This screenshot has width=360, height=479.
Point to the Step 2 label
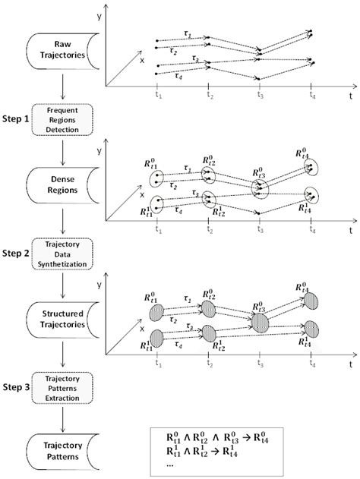pyautogui.click(x=16, y=254)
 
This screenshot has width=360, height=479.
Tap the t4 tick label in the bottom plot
pyautogui.click(x=311, y=364)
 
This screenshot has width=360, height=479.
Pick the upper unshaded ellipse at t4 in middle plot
pyautogui.click(x=313, y=169)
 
